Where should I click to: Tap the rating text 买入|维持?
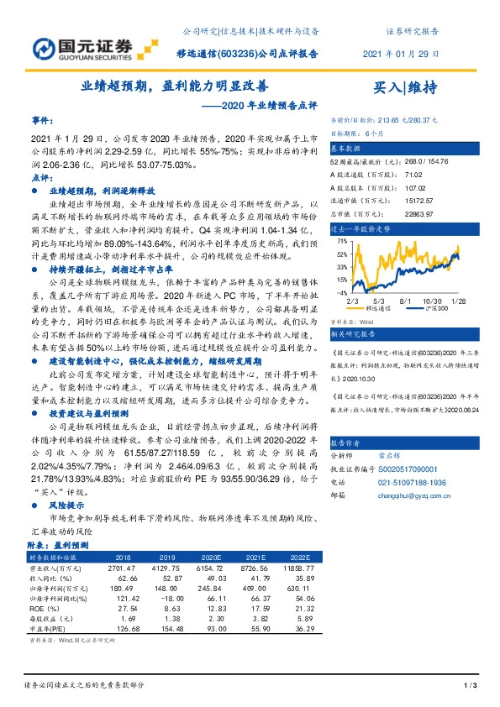[x=405, y=86]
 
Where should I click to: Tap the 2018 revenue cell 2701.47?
[x=123, y=567]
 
